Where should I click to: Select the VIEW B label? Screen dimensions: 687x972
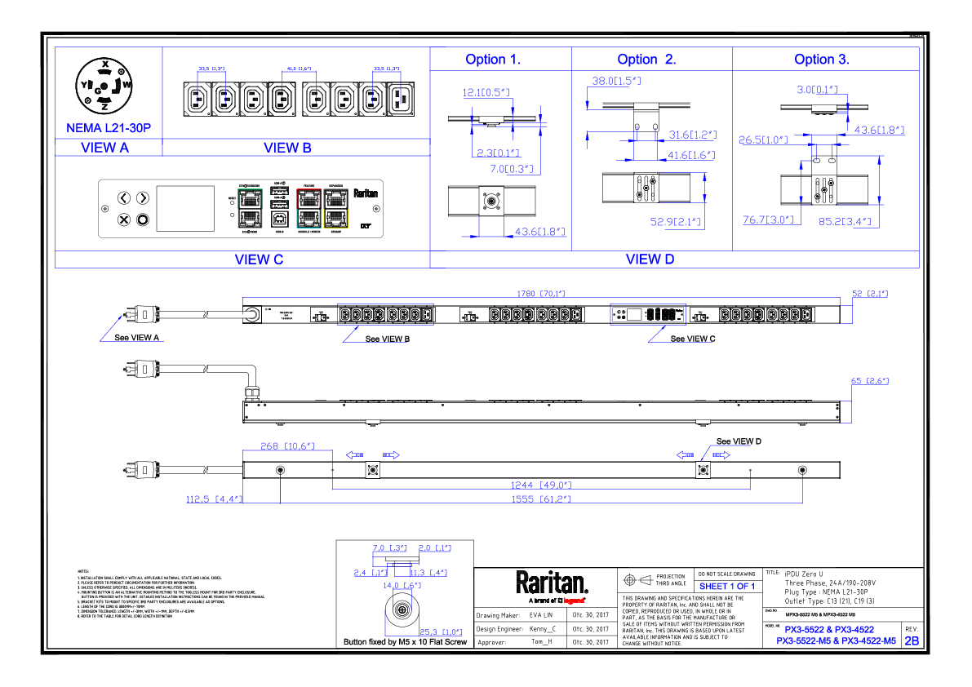pyautogui.click(x=287, y=148)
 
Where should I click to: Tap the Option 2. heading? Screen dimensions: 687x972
pyautogui.click(x=646, y=60)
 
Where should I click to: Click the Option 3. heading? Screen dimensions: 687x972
pyautogui.click(x=822, y=60)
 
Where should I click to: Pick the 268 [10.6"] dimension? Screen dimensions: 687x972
pyautogui.click(x=286, y=445)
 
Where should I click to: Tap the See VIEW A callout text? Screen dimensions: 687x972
pyautogui.click(x=138, y=337)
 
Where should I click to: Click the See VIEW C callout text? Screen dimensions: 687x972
pyautogui.click(x=693, y=339)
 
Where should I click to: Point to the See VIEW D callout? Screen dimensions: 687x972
pyautogui.click(x=739, y=441)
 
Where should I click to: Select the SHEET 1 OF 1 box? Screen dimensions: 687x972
pyautogui.click(x=726, y=587)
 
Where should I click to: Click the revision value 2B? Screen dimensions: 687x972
pyautogui.click(x=912, y=641)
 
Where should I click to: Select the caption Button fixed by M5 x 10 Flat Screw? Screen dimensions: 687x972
pyautogui.click(x=405, y=642)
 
